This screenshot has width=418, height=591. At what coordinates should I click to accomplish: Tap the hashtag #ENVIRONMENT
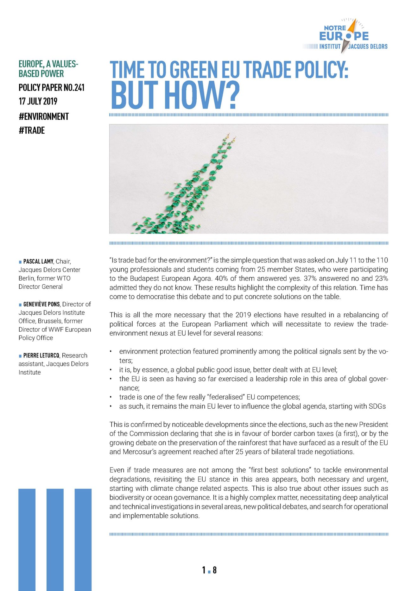[44, 116]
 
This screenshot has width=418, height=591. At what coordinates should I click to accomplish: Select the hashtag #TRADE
[32, 130]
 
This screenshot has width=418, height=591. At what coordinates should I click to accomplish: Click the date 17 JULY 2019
[38, 101]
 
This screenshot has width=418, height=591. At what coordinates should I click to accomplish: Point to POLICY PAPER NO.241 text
[52, 87]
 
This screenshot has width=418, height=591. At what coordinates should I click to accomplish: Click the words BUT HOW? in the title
[175, 95]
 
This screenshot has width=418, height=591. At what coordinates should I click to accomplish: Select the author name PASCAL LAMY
[38, 261]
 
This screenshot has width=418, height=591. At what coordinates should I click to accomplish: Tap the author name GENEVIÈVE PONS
[41, 304]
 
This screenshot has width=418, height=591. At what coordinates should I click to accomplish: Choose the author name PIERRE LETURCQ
[41, 355]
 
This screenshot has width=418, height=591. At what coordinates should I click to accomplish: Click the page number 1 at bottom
[204, 570]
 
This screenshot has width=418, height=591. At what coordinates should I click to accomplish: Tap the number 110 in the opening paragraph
[382, 260]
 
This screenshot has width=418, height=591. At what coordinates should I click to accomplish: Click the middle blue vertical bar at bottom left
[55, 538]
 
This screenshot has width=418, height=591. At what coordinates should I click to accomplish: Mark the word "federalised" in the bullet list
[224, 397]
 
